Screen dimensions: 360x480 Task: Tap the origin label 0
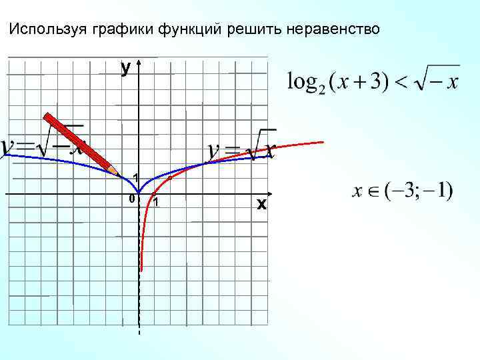pos(131,199)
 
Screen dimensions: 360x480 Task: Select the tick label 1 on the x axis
pos(155,203)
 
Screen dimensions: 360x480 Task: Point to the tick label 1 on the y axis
pos(135,177)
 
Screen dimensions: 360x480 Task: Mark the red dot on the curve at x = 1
pos(154,194)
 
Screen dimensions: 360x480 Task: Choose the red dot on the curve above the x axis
pos(170,178)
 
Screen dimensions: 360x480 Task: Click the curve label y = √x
pos(241,148)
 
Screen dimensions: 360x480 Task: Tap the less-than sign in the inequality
pos(402,83)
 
